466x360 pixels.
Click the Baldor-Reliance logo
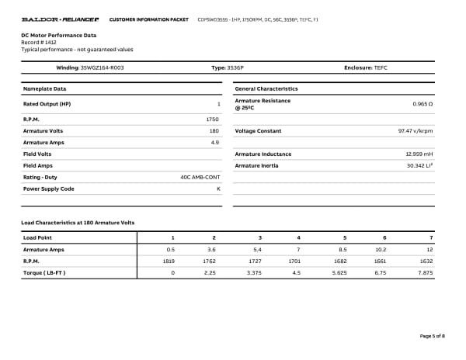click(x=60, y=18)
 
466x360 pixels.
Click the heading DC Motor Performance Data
click(x=59, y=35)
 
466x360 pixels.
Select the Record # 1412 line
click(x=39, y=42)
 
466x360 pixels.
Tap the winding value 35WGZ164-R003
click(x=102, y=68)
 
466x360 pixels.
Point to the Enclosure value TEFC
click(x=380, y=68)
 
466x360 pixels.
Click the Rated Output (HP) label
click(x=47, y=104)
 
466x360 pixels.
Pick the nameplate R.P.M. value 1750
click(x=212, y=119)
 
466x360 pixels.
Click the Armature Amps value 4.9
click(x=215, y=143)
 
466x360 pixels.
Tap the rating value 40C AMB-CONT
click(x=200, y=177)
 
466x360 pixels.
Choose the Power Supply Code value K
click(x=218, y=189)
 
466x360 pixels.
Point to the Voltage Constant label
click(x=258, y=131)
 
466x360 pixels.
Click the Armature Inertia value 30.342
click(x=418, y=165)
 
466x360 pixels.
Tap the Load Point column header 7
click(x=430, y=237)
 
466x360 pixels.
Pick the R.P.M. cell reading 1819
click(x=168, y=261)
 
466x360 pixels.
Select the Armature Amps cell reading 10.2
click(x=381, y=249)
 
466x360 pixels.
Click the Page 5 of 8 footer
click(x=432, y=336)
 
